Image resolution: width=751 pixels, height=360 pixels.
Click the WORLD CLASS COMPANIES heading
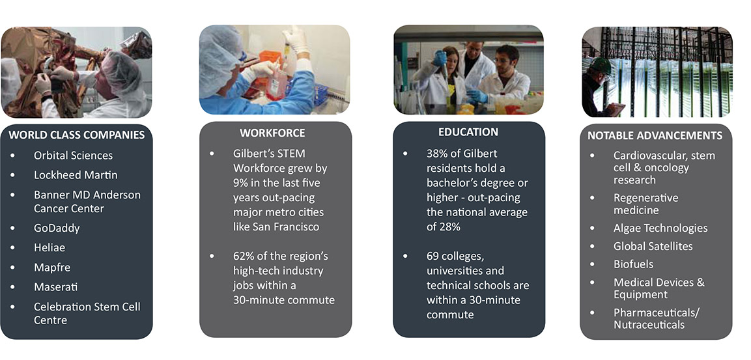pyautogui.click(x=77, y=135)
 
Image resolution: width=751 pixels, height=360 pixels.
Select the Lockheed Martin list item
pyautogui.click(x=76, y=175)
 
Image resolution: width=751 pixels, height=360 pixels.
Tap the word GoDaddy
pyautogui.click(x=57, y=228)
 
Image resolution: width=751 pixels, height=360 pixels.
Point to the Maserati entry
pyautogui.click(x=55, y=287)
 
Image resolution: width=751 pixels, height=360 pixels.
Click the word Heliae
pyautogui.click(x=50, y=248)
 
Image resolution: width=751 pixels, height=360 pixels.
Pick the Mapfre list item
pyautogui.click(x=51, y=268)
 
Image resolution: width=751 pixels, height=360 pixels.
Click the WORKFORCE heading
pyautogui.click(x=272, y=133)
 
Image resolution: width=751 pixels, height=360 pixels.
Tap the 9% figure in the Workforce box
pyautogui.click(x=242, y=183)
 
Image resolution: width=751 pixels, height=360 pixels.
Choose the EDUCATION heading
pyautogui.click(x=468, y=132)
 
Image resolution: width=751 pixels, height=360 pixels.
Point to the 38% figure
pyautogui.click(x=437, y=154)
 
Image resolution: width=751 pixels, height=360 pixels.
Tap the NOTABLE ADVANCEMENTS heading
pyautogui.click(x=655, y=135)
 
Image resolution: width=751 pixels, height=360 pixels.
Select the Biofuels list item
pyautogui.click(x=633, y=264)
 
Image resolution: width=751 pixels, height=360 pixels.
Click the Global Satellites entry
pyautogui.click(x=653, y=246)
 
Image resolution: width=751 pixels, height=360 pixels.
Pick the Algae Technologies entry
pyautogui.click(x=660, y=228)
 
